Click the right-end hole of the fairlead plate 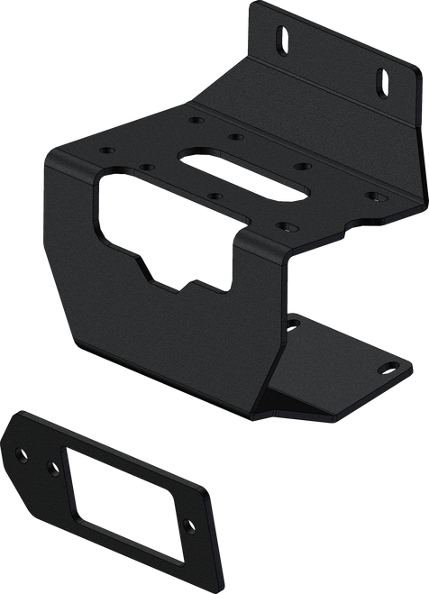point(189,527)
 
